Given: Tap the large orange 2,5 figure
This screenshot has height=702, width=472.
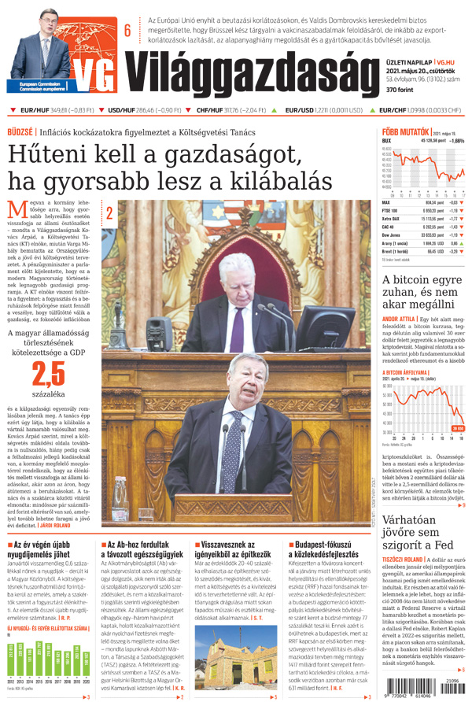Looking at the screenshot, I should (x=45, y=372).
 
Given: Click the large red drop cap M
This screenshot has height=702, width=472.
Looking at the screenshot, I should (x=16, y=209).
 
